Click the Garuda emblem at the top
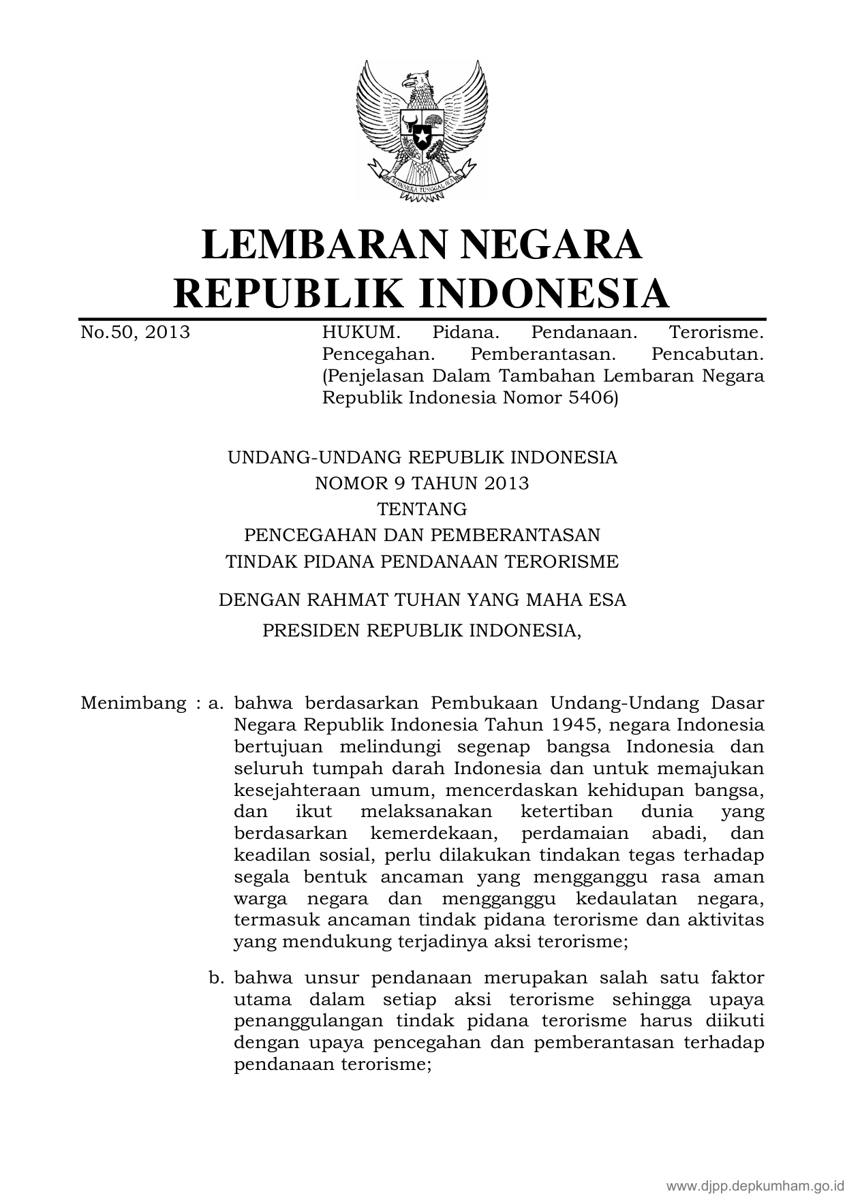422,130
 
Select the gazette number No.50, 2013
135,333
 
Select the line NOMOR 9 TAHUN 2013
422,483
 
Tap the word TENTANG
422,509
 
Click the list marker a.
216,703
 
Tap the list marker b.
216,979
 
